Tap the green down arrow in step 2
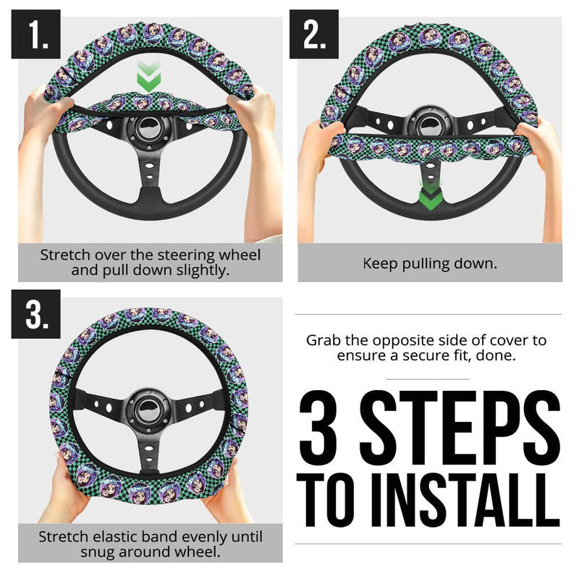[x=429, y=196]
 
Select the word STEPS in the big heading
[x=461, y=428]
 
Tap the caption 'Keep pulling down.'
[x=430, y=263]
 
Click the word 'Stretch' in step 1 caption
[x=66, y=255]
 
